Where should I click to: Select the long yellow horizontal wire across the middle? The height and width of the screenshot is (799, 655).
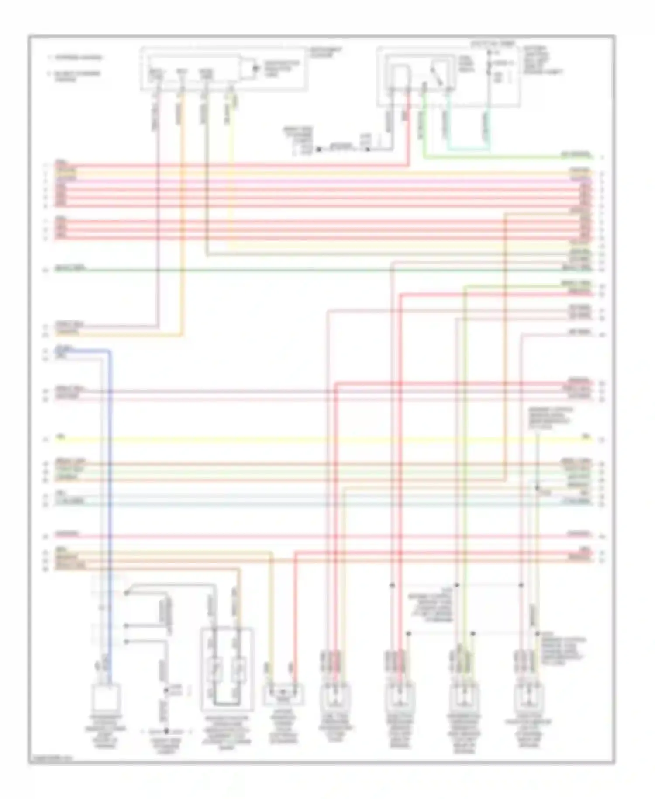click(306, 440)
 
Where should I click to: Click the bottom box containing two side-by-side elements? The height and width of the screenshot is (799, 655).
click(227, 667)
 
